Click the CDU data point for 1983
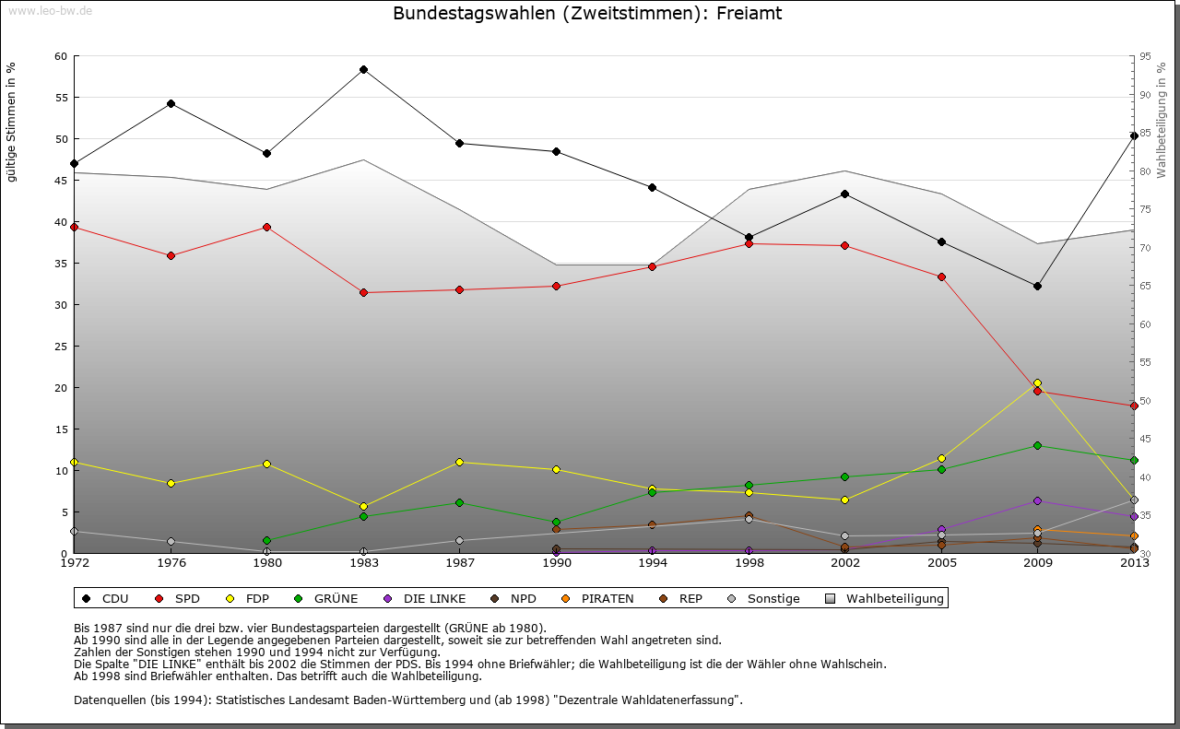coord(363,69)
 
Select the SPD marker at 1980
coord(266,227)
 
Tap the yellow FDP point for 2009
coord(1037,382)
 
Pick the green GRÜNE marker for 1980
coord(266,540)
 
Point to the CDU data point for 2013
coord(1134,135)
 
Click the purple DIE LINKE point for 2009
coord(1037,500)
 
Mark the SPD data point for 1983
coord(363,292)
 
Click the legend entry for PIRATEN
coord(607,598)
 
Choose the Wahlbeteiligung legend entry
coord(894,598)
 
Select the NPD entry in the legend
coord(523,598)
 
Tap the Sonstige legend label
coord(773,598)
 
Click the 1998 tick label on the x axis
coord(749,562)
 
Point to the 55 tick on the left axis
coord(61,98)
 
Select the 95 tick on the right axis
coord(1145,57)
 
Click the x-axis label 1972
coord(74,562)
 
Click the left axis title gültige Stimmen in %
coord(12,123)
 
